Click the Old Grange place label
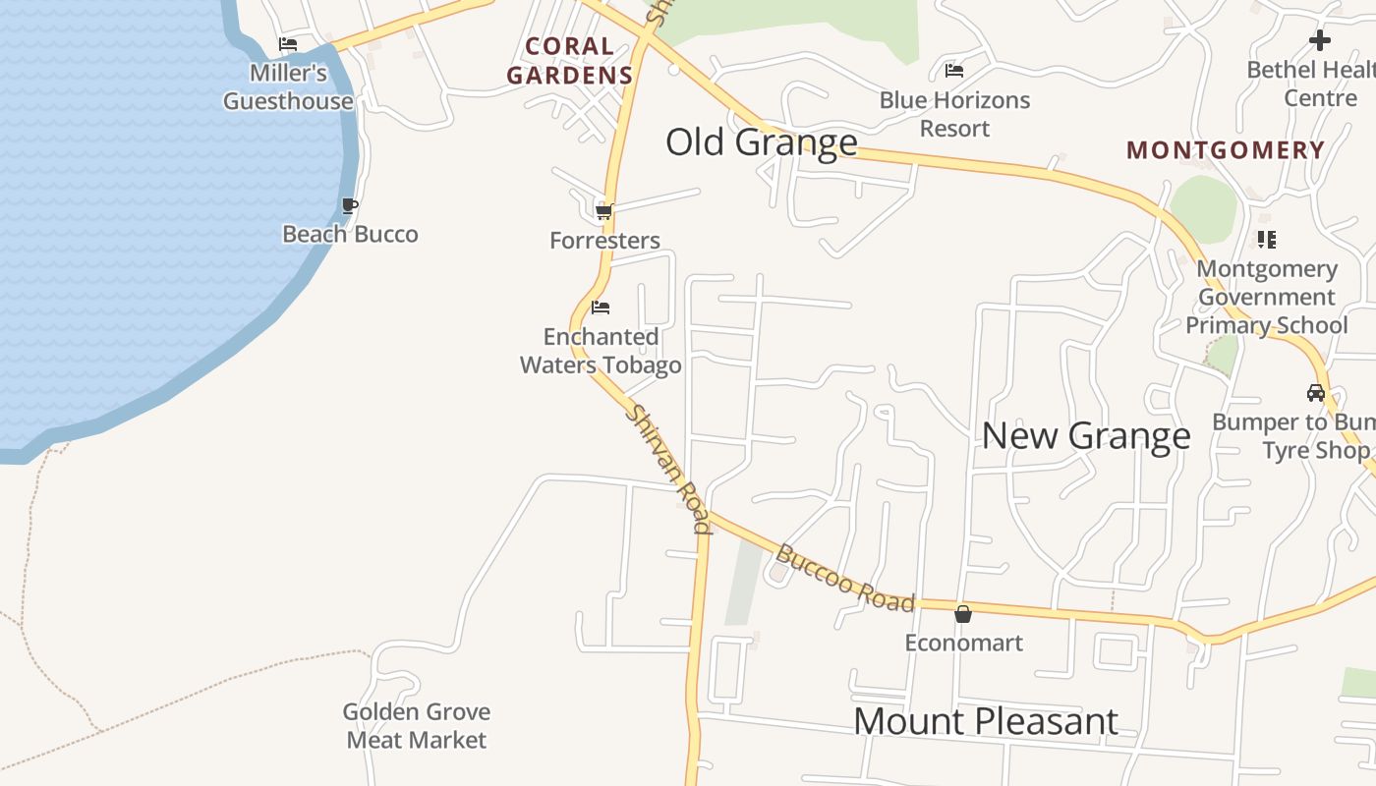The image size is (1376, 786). (x=762, y=142)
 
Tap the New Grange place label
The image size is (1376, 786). (x=1086, y=435)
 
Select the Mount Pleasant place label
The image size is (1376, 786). (x=986, y=721)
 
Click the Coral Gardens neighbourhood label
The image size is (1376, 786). (x=569, y=60)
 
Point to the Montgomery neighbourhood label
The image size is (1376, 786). (x=1226, y=150)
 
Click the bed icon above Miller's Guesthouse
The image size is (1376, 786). (x=288, y=44)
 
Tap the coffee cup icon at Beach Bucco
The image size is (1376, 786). (x=350, y=205)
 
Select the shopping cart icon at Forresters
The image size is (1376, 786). (x=604, y=211)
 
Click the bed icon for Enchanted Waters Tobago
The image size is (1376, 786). (x=601, y=308)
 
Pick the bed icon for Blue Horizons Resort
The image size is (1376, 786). (x=953, y=71)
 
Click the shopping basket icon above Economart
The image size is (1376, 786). (x=963, y=614)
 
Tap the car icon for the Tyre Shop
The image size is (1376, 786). (x=1315, y=393)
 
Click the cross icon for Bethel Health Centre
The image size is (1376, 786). (x=1320, y=40)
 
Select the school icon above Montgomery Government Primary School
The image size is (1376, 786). (x=1266, y=239)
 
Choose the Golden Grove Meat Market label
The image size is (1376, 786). (x=417, y=725)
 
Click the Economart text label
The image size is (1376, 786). (x=963, y=643)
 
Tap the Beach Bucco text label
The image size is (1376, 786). (x=350, y=234)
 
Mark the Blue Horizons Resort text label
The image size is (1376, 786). (x=954, y=114)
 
